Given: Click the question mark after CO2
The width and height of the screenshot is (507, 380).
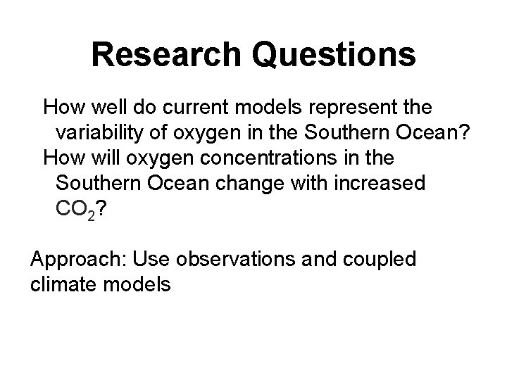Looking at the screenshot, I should tap(103, 208).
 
